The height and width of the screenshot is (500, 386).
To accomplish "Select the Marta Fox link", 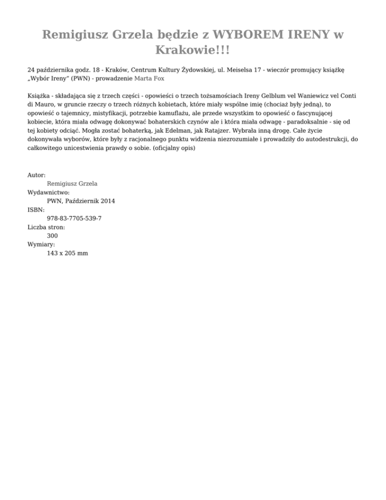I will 149,78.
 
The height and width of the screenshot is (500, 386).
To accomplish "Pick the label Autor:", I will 37,175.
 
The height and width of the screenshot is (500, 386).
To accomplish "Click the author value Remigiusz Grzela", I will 72,184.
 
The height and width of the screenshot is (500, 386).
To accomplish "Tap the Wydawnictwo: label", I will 48,192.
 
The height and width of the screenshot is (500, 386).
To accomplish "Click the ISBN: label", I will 36,210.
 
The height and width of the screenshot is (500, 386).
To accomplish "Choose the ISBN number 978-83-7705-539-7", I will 74,218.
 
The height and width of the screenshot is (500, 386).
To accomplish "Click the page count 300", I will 52,235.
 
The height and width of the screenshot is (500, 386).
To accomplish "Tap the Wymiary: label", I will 41,244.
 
